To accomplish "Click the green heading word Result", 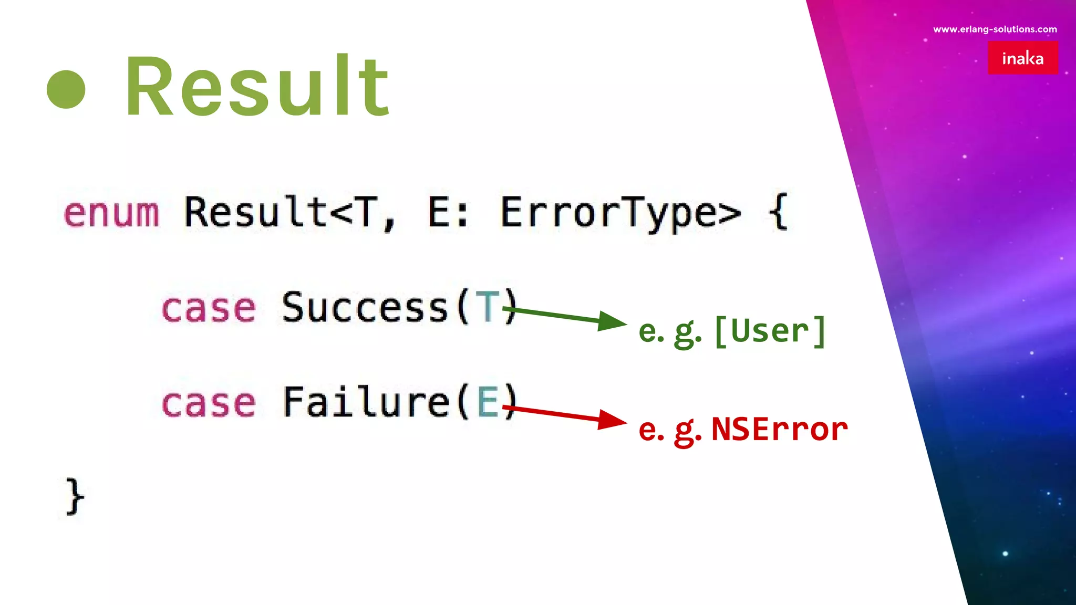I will (x=257, y=86).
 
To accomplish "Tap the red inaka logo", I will (x=1022, y=58).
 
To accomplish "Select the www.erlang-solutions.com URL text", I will (x=995, y=29).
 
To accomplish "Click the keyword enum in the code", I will (x=111, y=213).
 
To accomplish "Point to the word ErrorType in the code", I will (x=620, y=213).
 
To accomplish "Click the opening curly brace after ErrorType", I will (x=779, y=212).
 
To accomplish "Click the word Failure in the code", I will (x=366, y=402).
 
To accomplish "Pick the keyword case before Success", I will (x=209, y=308).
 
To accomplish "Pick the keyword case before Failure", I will (x=209, y=403).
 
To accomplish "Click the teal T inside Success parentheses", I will (x=487, y=307).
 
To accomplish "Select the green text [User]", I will (x=770, y=331).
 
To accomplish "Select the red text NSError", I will (x=779, y=429).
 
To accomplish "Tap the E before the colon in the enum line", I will (x=440, y=212).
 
